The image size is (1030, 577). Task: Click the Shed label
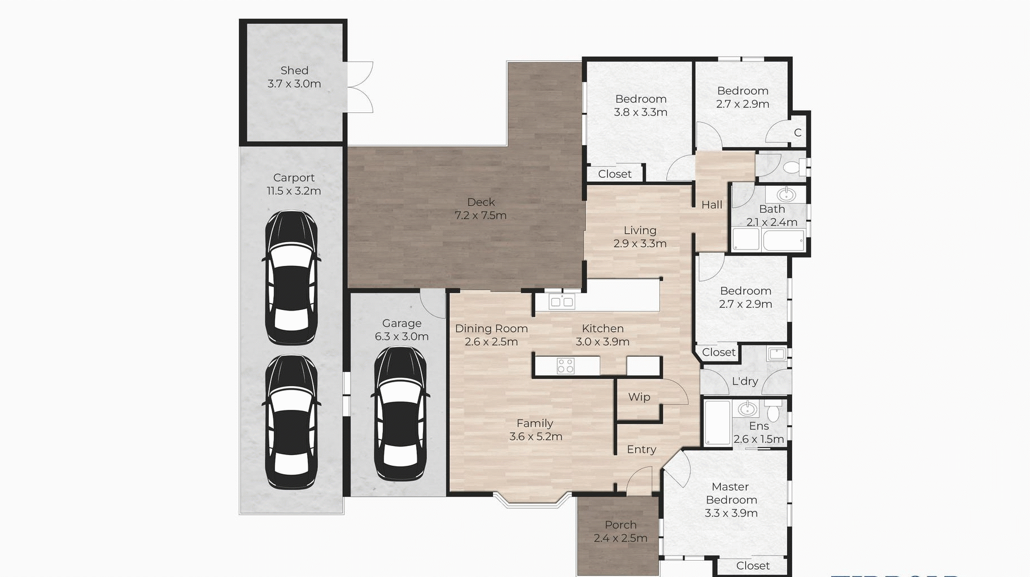[294, 71]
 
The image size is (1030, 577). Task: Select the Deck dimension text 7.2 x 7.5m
[481, 215]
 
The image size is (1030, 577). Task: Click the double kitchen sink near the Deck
[561, 302]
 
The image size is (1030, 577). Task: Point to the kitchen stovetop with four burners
[565, 366]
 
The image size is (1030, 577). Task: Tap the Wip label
[639, 397]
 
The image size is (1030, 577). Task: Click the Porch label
[621, 525]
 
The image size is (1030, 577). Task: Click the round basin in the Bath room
[785, 195]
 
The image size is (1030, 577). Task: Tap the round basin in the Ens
[747, 408]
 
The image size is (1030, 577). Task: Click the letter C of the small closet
[797, 133]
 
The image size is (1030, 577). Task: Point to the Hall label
[712, 205]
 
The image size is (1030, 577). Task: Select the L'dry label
[745, 381]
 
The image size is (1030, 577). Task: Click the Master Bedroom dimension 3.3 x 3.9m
[731, 513]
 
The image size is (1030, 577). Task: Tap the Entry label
[641, 449]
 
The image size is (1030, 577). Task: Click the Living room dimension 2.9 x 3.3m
[640, 244]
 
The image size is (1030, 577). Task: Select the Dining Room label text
[491, 329]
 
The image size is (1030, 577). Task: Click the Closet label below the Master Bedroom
[753, 566]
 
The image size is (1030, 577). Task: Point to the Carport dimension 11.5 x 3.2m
[294, 191]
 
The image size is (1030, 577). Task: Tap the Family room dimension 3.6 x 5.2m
[535, 436]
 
